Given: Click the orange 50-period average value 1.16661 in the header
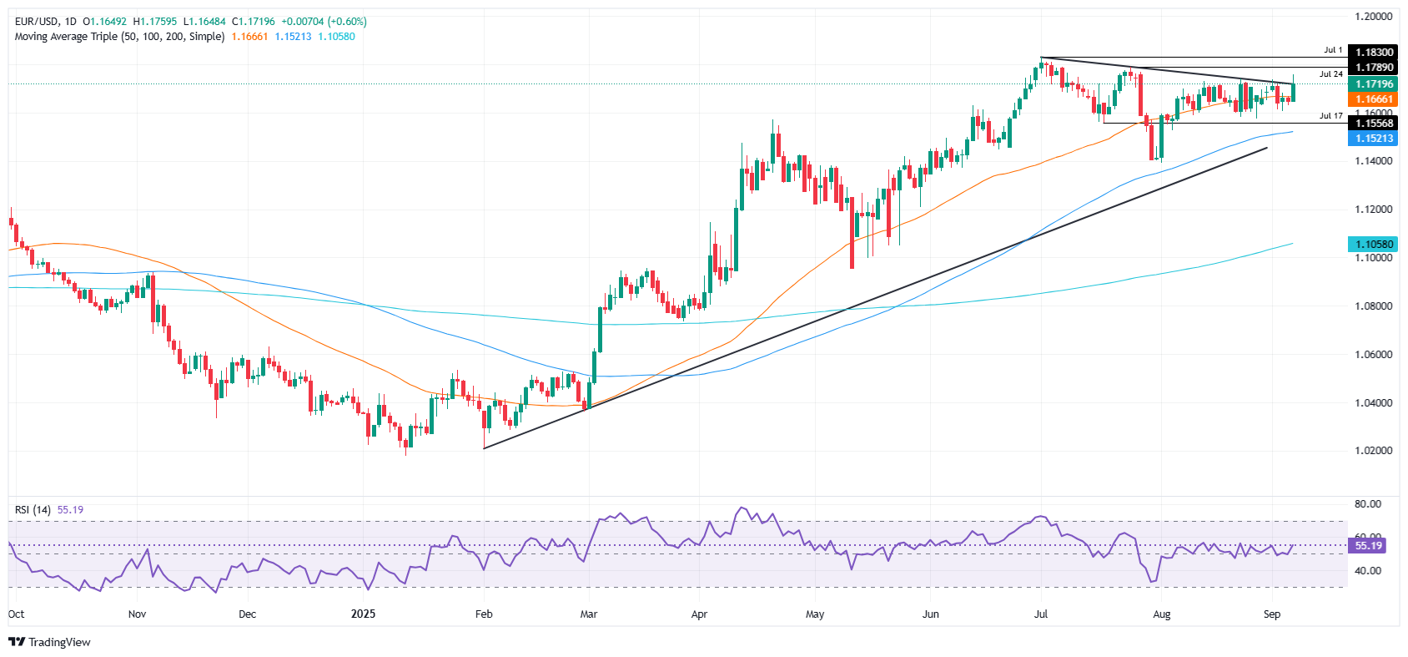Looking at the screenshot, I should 249,37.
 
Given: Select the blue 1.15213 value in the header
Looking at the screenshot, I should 293,37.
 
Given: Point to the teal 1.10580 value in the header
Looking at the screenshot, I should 336,37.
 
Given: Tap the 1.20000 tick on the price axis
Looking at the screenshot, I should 1372,17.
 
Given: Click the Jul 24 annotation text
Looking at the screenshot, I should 1331,74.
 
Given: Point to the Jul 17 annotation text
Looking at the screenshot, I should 1331,116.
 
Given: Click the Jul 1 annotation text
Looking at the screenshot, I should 1333,50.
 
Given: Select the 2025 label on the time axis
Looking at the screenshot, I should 363,614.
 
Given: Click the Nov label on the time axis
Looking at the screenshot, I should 137,614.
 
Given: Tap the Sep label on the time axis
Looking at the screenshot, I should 1271,614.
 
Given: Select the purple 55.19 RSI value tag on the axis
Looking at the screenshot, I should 1368,546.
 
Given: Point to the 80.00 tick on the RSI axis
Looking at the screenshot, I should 1368,504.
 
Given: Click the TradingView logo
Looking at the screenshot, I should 49,642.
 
